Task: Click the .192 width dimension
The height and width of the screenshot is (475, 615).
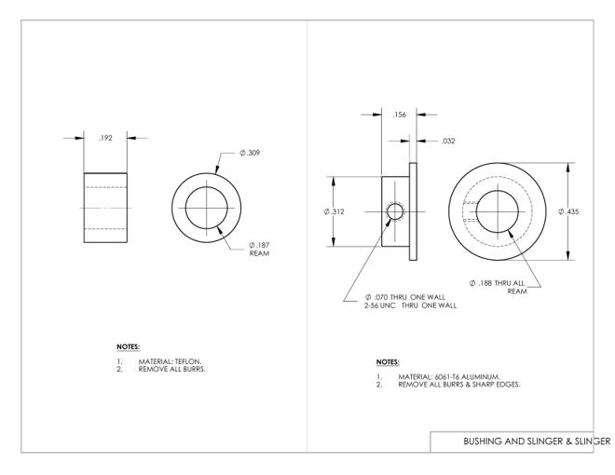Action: [x=105, y=138]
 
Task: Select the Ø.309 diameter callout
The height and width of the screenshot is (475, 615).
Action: [x=250, y=153]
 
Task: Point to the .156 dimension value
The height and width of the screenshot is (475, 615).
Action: [x=399, y=115]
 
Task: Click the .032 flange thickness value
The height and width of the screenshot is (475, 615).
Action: [x=448, y=141]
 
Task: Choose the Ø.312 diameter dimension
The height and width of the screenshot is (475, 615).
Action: [x=334, y=211]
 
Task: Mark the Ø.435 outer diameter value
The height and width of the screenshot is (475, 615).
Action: [x=568, y=211]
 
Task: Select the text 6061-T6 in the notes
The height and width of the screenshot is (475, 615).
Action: [x=447, y=377]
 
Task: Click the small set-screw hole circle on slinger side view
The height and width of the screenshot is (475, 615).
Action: [x=395, y=211]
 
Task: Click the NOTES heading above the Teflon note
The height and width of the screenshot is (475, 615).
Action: [x=129, y=346]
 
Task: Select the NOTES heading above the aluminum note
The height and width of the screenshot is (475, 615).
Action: [x=388, y=362]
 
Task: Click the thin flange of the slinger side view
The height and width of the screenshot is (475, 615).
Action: [x=413, y=211]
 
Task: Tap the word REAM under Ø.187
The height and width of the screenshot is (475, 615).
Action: [x=259, y=253]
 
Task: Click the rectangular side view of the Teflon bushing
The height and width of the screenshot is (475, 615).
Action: [x=105, y=208]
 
